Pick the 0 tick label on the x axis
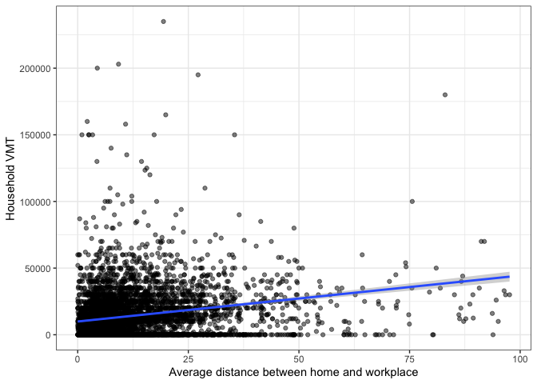pyautogui.click(x=78, y=356)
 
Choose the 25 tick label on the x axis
pyautogui.click(x=188, y=356)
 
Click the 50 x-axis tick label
pyautogui.click(x=299, y=356)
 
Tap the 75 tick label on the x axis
pyautogui.click(x=409, y=356)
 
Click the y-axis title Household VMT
pyautogui.click(x=11, y=178)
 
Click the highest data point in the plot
pyautogui.click(x=163, y=22)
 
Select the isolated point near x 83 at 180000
pyautogui.click(x=445, y=94)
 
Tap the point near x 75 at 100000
pyautogui.click(x=412, y=202)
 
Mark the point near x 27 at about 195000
pyautogui.click(x=197, y=74)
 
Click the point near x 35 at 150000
pyautogui.click(x=234, y=134)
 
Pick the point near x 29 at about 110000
pyautogui.click(x=205, y=188)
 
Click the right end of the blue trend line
pyautogui.click(x=508, y=277)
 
